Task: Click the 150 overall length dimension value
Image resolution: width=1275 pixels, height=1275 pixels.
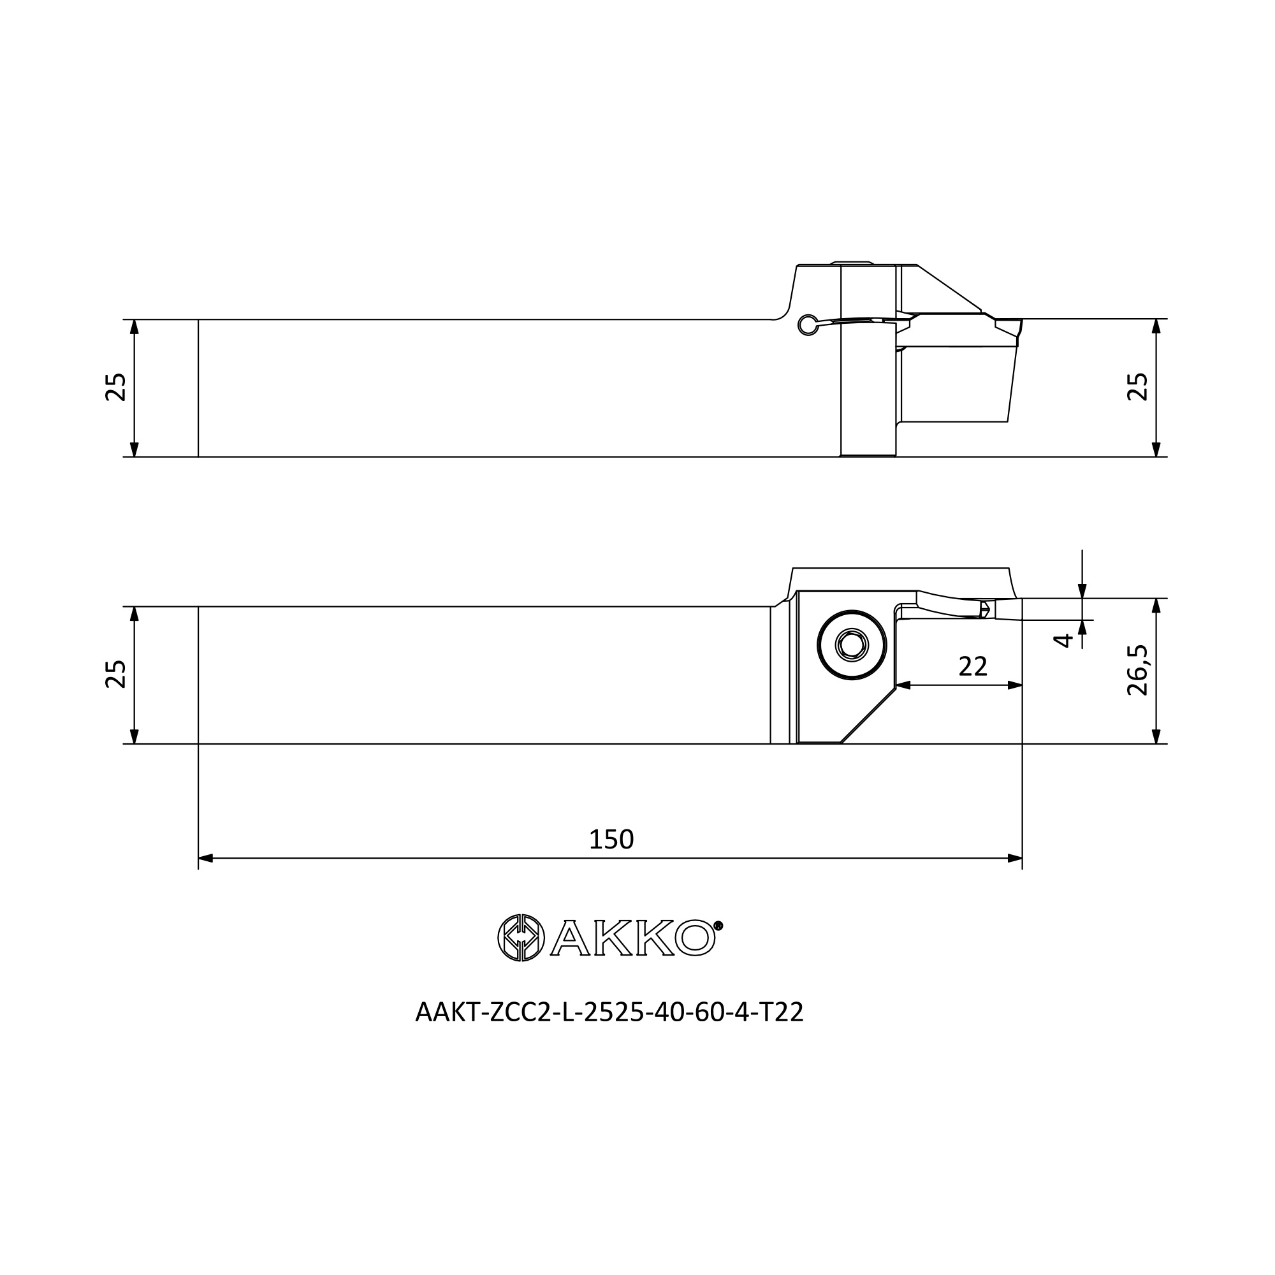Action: pos(611,840)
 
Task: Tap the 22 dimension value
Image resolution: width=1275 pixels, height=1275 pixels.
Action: pos(973,667)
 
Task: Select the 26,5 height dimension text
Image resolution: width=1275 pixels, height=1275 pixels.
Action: pos(1138,670)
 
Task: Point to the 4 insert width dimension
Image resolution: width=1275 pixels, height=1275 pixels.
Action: pos(1063,640)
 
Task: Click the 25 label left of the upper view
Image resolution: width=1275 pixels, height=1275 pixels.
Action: pos(115,388)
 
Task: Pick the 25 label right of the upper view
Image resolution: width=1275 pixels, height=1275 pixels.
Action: pos(1138,388)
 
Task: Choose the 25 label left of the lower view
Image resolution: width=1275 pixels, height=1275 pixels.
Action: pos(115,674)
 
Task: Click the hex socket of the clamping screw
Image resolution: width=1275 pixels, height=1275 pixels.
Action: pos(851,644)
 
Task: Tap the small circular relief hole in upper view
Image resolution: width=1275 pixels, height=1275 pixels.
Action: pos(806,324)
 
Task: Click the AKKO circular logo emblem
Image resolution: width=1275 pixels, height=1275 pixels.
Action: pos(521,938)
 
